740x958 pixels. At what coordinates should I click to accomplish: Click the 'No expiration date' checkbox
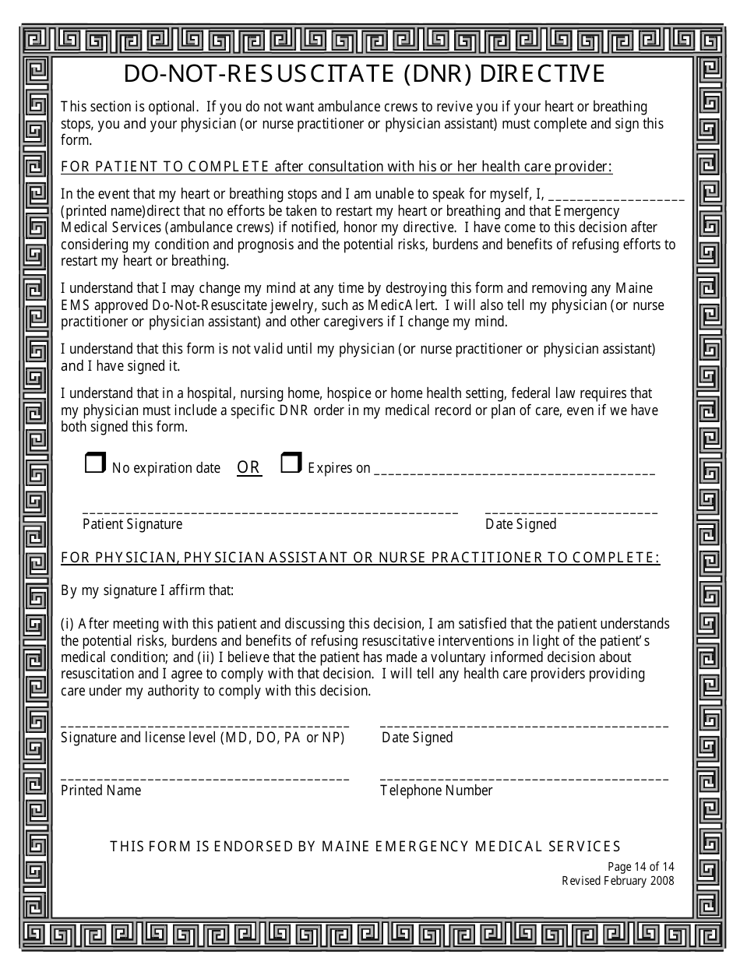pyautogui.click(x=94, y=464)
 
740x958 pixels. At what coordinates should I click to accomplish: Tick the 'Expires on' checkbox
pyautogui.click(x=291, y=464)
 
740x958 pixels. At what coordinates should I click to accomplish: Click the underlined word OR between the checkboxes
pyautogui.click(x=248, y=467)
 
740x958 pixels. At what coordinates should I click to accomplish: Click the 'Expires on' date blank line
pyautogui.click(x=514, y=472)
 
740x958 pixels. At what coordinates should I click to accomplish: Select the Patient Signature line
pyautogui.click(x=270, y=512)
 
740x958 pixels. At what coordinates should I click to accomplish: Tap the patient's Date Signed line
pyautogui.click(x=571, y=512)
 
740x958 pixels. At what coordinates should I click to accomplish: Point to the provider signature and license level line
pyautogui.click(x=205, y=725)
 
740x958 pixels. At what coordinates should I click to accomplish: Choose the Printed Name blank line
pyautogui.click(x=205, y=778)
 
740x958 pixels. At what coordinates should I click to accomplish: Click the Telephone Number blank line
pyautogui.click(x=524, y=778)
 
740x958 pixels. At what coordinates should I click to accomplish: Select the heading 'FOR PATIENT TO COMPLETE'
pyautogui.click(x=165, y=166)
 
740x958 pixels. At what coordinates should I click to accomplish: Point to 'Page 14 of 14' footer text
pyautogui.click(x=640, y=867)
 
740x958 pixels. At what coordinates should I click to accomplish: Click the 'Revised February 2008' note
pyautogui.click(x=618, y=881)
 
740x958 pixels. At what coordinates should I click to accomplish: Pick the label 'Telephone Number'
pyautogui.click(x=436, y=791)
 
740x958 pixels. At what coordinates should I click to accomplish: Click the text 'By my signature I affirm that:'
pyautogui.click(x=147, y=590)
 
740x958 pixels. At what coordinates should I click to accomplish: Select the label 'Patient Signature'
pyautogui.click(x=132, y=524)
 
